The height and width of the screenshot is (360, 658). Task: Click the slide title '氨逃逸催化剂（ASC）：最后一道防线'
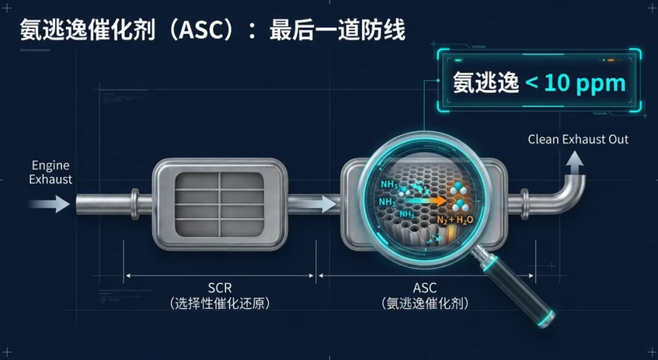point(213,29)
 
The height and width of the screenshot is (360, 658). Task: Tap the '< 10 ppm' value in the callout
point(575,82)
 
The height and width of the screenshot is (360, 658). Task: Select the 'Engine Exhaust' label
point(51,172)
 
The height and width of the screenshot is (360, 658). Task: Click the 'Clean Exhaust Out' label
point(578,139)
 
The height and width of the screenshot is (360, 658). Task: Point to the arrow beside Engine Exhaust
point(51,203)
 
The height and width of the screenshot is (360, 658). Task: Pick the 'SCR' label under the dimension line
point(219,288)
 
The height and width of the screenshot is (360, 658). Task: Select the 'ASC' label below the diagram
point(425,288)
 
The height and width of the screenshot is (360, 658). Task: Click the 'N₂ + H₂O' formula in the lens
point(455,219)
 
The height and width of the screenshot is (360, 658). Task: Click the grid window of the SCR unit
point(220,203)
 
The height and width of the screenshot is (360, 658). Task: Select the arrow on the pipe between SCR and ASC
point(325,203)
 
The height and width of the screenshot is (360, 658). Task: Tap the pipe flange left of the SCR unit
point(135,203)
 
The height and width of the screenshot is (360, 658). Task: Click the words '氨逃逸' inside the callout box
point(485,83)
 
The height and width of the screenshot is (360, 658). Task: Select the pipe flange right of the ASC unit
point(525,203)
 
